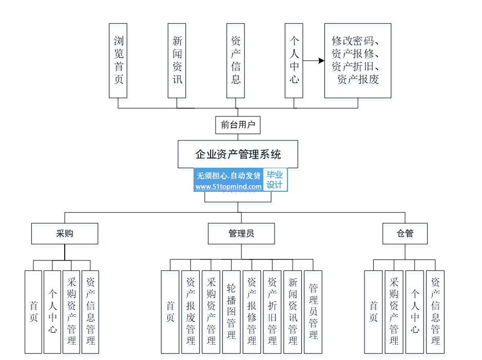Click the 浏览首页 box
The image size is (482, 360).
118,61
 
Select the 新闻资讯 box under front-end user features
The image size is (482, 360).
177,61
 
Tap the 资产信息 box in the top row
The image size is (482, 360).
236,61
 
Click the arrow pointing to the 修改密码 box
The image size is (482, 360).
314,61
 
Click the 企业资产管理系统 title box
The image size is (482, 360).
238,154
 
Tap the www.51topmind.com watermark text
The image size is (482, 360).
228,187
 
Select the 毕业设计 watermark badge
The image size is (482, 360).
276,181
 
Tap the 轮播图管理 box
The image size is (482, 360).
231,312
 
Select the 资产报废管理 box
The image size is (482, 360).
190,312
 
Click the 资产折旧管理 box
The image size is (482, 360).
272,312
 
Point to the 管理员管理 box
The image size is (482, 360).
313,312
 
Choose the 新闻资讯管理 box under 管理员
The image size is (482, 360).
293,312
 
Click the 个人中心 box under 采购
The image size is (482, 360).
52,312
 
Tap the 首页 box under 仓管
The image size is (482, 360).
374,312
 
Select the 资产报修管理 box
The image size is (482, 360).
252,312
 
